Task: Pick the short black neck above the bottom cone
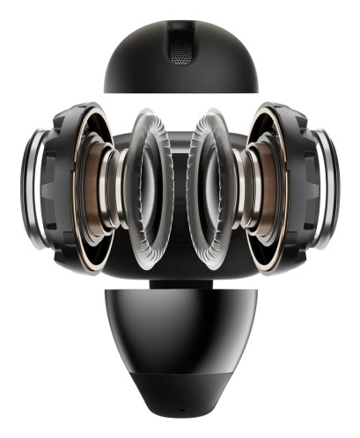pos(180,283)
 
